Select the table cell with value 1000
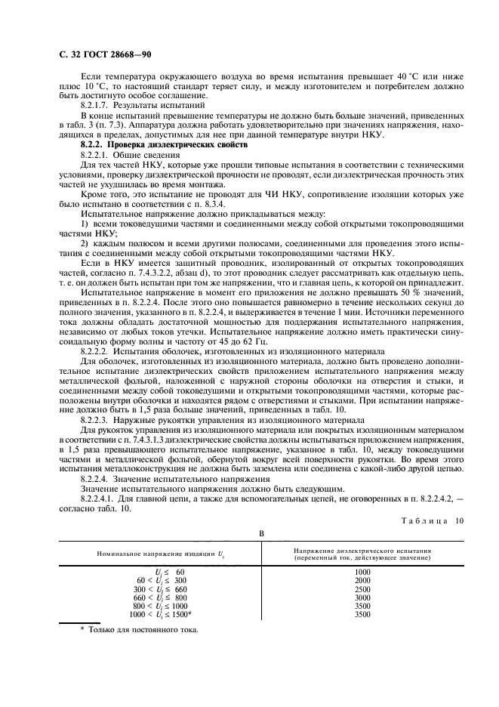pos(362,573)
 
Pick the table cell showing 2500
pos(362,588)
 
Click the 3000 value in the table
pos(362,596)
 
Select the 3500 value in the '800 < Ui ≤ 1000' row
pos(362,604)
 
